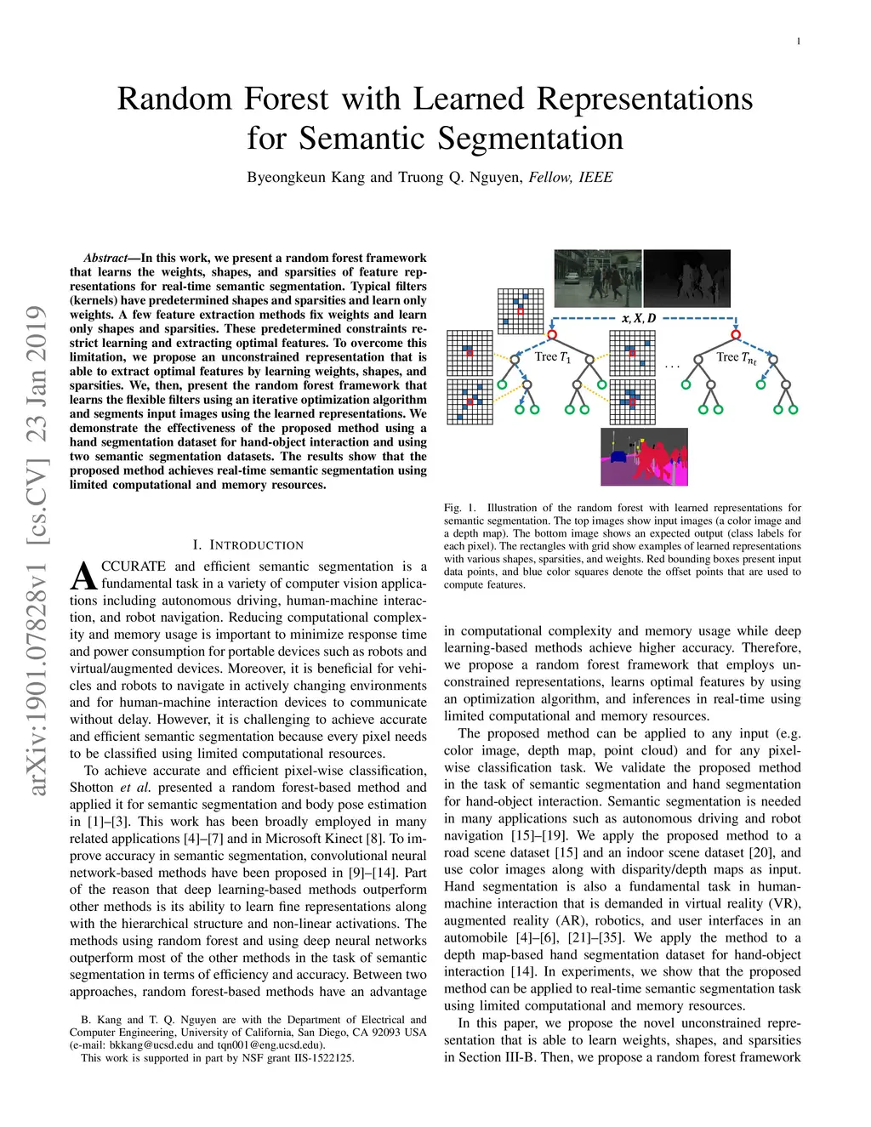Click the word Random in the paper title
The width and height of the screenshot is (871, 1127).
[x=174, y=98]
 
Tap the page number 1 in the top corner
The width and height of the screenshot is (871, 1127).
[x=799, y=42]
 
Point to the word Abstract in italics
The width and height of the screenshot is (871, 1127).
[x=105, y=258]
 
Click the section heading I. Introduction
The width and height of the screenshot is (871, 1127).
[x=248, y=544]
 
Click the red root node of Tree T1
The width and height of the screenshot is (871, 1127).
[x=552, y=334]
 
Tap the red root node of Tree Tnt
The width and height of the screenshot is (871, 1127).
[x=736, y=334]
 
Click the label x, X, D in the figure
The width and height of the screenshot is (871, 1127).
[x=638, y=318]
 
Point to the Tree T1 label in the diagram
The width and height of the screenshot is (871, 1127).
[x=553, y=357]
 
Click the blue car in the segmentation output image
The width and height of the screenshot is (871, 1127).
[x=619, y=457]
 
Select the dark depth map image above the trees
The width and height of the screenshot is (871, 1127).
[x=687, y=278]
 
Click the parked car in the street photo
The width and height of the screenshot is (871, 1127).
[x=571, y=278]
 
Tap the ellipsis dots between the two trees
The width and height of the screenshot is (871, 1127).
[x=672, y=367]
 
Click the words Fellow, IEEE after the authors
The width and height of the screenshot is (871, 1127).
[x=571, y=178]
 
